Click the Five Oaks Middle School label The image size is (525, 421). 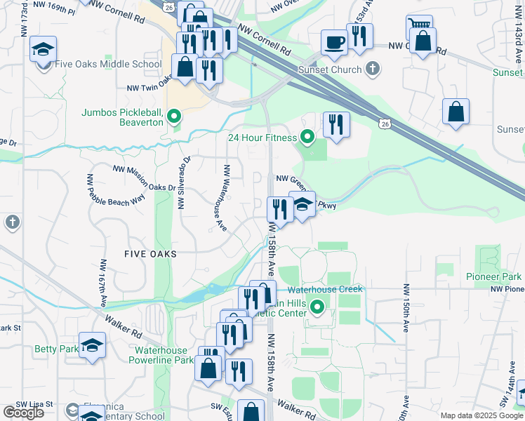tap(107, 64)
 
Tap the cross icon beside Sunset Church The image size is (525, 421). tap(373, 69)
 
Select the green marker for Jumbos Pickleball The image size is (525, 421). tap(175, 116)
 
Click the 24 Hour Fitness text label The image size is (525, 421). tap(262, 138)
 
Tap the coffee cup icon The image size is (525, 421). tap(334, 41)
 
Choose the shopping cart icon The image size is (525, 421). tap(418, 26)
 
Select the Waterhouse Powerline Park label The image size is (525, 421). tap(161, 355)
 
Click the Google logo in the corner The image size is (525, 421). tap(23, 412)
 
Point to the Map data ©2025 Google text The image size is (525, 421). tap(481, 415)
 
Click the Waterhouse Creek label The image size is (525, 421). tap(324, 289)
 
